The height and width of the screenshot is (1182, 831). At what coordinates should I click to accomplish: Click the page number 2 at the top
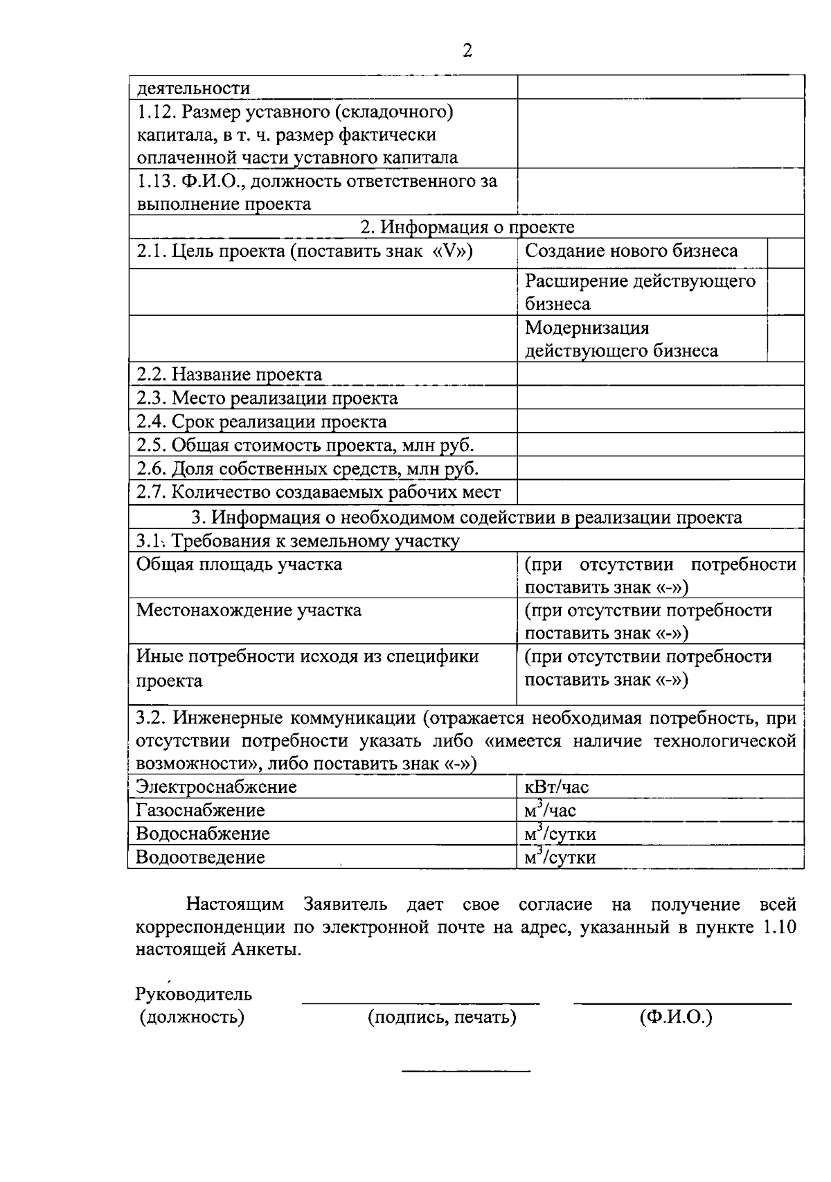click(x=467, y=51)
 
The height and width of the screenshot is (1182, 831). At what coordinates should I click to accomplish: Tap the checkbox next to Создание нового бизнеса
click(x=785, y=253)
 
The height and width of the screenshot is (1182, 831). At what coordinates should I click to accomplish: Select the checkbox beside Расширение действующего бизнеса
click(x=785, y=292)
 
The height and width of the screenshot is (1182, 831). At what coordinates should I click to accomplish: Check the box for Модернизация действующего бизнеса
click(x=785, y=339)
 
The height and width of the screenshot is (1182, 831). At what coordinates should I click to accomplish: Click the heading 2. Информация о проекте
click(x=467, y=227)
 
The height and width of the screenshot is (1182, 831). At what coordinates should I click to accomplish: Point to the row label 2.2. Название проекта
click(x=229, y=375)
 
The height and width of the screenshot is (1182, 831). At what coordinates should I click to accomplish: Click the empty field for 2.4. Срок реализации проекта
click(x=660, y=422)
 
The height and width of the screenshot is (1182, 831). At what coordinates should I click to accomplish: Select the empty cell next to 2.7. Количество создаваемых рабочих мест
click(x=660, y=492)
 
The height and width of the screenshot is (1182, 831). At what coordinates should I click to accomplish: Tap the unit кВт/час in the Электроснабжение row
click(x=557, y=787)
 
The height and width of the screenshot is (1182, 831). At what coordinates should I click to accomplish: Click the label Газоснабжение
click(x=200, y=810)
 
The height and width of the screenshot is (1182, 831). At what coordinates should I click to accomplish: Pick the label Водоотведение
click(x=200, y=857)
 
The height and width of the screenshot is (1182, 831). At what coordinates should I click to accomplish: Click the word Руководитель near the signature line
click(x=194, y=994)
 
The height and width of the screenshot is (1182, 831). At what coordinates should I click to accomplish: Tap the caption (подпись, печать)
click(x=442, y=1017)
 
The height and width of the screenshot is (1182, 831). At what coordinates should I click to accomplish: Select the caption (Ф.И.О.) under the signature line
click(x=676, y=1017)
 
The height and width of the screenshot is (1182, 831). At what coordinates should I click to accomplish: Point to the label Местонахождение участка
click(x=249, y=611)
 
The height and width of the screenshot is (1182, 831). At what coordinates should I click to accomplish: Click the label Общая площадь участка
click(x=239, y=564)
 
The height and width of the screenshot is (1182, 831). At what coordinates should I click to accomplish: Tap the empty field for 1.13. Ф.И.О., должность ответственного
click(x=660, y=192)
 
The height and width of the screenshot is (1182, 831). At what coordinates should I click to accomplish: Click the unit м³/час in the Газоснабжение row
click(x=551, y=810)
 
